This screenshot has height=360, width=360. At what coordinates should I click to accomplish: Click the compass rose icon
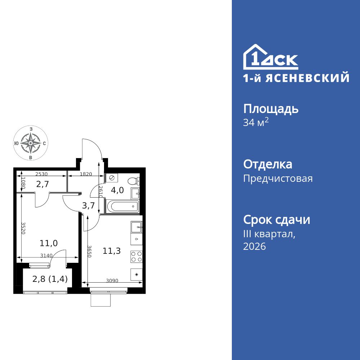pyautogui.click(x=31, y=143)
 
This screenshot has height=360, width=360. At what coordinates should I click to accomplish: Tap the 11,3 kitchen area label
pyautogui.click(x=111, y=251)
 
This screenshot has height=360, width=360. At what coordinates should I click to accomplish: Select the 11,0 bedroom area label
pyautogui.click(x=49, y=243)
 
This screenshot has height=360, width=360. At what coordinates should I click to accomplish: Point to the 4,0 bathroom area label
pyautogui.click(x=117, y=190)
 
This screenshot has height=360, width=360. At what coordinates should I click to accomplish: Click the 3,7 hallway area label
pyautogui.click(x=88, y=206)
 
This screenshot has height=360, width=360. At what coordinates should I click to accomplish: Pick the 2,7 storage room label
pyautogui.click(x=42, y=184)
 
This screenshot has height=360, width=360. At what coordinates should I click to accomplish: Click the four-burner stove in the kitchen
pyautogui.click(x=136, y=256)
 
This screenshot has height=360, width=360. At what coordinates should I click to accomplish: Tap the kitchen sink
pyautogui.click(x=136, y=227)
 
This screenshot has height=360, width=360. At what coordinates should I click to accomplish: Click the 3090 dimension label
pyautogui.click(x=112, y=280)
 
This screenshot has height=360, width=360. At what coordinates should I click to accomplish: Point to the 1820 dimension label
pyautogui.click(x=86, y=174)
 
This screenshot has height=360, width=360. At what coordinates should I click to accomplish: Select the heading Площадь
pyautogui.click(x=271, y=109)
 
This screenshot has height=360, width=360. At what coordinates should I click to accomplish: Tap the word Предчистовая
pyautogui.click(x=278, y=179)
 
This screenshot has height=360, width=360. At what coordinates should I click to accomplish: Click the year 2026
pyautogui.click(x=255, y=247)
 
